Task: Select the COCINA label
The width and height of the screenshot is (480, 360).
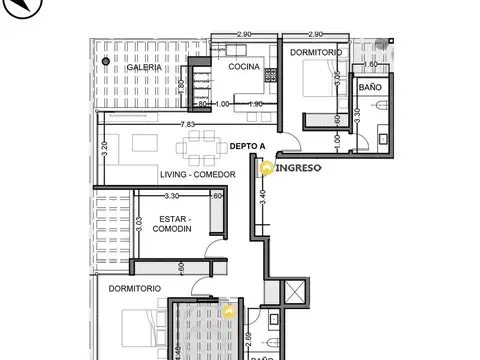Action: (244, 67)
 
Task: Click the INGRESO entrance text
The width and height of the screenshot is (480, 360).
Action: (297, 168)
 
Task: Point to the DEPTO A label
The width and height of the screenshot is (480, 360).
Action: (247, 146)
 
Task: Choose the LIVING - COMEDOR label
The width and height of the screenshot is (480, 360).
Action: (198, 175)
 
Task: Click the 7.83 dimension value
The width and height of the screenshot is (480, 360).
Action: (187, 124)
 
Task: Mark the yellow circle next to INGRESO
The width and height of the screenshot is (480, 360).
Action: (266, 169)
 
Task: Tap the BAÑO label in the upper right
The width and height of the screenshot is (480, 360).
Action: (370, 88)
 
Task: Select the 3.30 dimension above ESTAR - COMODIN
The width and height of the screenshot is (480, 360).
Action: (171, 196)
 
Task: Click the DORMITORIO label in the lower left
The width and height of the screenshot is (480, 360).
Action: (136, 288)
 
